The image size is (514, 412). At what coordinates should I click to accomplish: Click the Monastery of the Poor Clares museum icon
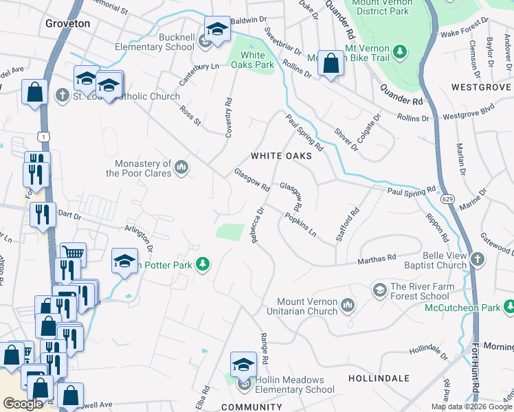tap(182, 168)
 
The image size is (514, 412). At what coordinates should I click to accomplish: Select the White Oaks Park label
tap(253, 60)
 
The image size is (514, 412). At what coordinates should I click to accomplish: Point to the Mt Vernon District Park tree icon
tap(399, 51)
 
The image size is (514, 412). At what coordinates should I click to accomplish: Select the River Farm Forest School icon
tap(379, 291)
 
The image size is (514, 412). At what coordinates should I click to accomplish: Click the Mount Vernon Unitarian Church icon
tap(348, 305)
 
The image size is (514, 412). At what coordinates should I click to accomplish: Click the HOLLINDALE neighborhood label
tap(379, 378)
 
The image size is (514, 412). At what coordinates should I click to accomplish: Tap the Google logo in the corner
tap(23, 404)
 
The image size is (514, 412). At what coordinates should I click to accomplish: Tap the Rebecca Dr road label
tap(257, 226)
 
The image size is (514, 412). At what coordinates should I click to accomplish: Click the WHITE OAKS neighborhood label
tap(281, 156)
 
